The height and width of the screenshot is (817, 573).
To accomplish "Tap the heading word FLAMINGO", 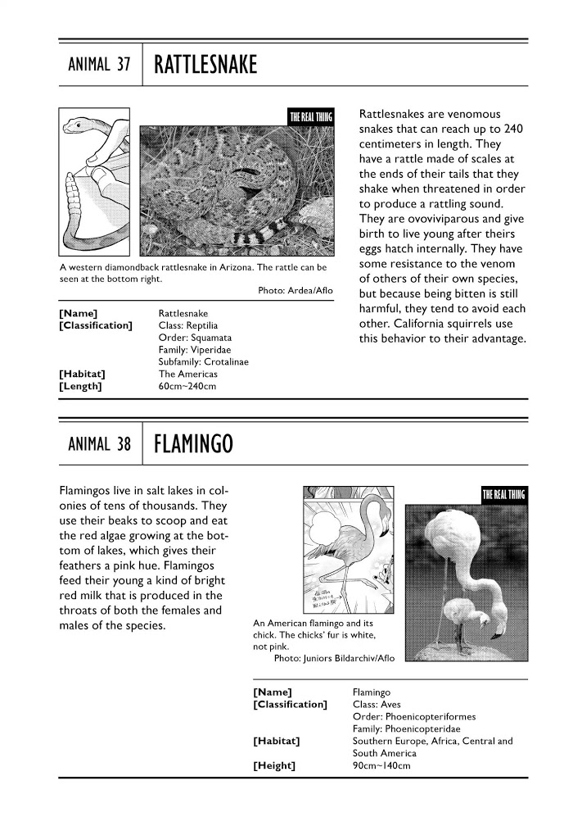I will coord(194,445).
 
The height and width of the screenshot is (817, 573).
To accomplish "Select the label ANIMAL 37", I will coord(95,65).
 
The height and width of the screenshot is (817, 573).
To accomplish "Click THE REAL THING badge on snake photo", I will coord(311,116).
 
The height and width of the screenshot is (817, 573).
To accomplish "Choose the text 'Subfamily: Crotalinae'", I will coord(204,361).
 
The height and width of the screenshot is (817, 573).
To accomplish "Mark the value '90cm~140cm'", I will coord(380,766).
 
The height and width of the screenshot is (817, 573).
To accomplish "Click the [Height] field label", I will coord(275,766).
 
